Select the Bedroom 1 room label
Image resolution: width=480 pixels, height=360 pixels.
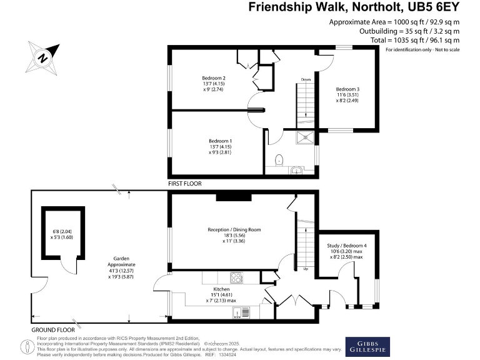click(221, 141)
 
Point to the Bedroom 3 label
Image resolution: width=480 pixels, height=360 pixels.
click(347, 88)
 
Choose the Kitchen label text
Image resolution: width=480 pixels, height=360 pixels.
click(221, 290)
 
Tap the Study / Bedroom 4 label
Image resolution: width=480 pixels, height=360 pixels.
click(347, 245)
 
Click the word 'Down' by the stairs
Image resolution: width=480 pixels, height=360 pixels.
click(306, 80)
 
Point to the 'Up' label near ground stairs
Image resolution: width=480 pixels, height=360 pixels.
click(306, 269)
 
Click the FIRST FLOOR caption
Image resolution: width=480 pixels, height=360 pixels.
click(186, 185)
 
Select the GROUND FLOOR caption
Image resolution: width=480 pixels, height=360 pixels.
click(53, 329)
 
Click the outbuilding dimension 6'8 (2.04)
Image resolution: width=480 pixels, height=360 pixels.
click(64, 231)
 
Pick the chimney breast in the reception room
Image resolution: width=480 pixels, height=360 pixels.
click(233, 197)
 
